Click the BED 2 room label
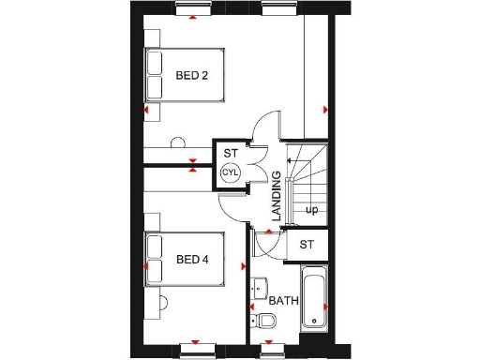pyautogui.click(x=191, y=75)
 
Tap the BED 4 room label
pyautogui.click(x=191, y=259)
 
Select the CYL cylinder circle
pyautogui.click(x=231, y=172)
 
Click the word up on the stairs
pyautogui.click(x=311, y=210)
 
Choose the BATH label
pyautogui.click(x=283, y=302)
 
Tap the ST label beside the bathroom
pyautogui.click(x=307, y=245)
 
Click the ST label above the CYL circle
pyautogui.click(x=231, y=153)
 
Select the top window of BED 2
pyautogui.click(x=191, y=9)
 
